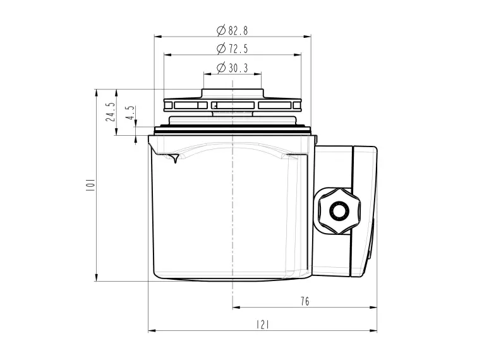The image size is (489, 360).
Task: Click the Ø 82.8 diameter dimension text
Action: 232,30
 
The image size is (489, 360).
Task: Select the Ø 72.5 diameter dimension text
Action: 232,49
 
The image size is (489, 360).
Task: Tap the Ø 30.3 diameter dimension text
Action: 232,68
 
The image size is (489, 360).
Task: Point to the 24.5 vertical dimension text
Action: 111,112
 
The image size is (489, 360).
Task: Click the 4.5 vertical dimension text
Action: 130,113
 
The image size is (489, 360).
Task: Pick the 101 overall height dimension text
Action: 90,185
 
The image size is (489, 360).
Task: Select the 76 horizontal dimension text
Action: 305,301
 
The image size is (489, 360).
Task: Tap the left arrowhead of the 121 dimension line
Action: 151,330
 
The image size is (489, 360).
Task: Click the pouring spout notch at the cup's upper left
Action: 172,157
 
